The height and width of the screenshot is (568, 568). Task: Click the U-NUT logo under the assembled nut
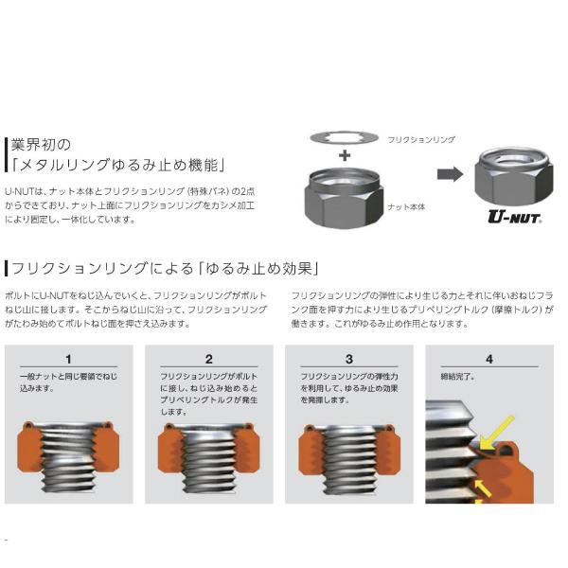coord(515,217)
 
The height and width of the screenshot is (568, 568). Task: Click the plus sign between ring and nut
coord(345,155)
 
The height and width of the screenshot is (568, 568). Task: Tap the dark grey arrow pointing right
coord(450,174)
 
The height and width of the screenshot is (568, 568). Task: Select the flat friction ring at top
coord(345,137)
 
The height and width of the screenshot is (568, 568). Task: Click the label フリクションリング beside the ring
coord(421,139)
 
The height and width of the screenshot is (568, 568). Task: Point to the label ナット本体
coord(406,206)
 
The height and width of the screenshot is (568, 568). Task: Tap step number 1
coord(68,359)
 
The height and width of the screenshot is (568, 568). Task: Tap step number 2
coord(208,359)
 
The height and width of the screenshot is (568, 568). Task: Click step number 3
coord(348,359)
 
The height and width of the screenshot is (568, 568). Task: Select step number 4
coord(489,359)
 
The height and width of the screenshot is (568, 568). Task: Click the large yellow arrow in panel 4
coord(496,433)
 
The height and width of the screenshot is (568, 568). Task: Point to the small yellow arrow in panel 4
coord(483,488)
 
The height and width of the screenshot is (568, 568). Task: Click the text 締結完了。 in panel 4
coord(458,377)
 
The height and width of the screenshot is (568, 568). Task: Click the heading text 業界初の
coord(41,145)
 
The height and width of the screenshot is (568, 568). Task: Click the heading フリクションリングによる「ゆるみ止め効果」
coord(165,269)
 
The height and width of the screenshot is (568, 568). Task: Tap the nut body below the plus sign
coord(345,198)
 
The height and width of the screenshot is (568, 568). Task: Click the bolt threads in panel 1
coord(68,458)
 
